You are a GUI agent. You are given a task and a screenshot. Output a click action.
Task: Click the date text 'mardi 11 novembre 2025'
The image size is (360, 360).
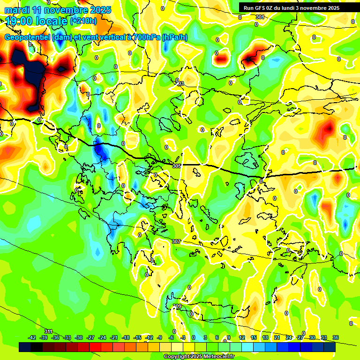click(x=58, y=10)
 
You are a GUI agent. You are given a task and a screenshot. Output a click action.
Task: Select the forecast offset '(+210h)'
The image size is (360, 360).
click(x=83, y=21)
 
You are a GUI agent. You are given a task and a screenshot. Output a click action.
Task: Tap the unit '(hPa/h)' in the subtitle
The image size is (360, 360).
click(x=175, y=37)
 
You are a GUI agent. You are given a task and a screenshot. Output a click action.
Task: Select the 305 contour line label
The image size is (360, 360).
click(x=177, y=166)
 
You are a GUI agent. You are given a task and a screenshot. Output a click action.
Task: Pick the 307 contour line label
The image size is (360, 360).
click(x=176, y=241)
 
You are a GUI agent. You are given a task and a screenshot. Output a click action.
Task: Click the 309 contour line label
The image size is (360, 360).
click(x=177, y=306)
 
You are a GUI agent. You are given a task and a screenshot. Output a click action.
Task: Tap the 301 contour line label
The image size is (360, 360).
click(x=260, y=17)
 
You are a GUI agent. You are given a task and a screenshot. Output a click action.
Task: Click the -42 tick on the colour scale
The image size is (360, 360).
click(x=32, y=337)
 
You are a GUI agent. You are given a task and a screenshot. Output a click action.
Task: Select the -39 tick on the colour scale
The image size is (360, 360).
click(x=44, y=337)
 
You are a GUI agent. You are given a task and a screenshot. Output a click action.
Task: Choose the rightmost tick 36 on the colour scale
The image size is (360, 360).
click(x=336, y=337)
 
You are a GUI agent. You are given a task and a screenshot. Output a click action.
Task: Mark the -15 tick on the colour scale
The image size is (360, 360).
click(x=137, y=337)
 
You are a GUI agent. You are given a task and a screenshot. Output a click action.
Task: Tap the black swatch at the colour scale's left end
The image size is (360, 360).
click(x=25, y=347)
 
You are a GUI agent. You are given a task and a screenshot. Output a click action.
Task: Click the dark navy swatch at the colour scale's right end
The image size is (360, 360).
click(x=330, y=347)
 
